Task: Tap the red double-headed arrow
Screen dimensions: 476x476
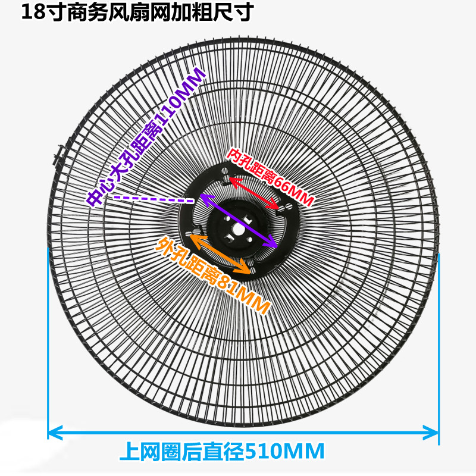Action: click(x=253, y=193)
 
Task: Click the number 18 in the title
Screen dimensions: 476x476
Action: click(x=31, y=12)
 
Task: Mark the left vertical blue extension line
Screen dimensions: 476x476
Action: click(x=48, y=345)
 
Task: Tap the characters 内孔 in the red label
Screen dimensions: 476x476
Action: click(x=237, y=158)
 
